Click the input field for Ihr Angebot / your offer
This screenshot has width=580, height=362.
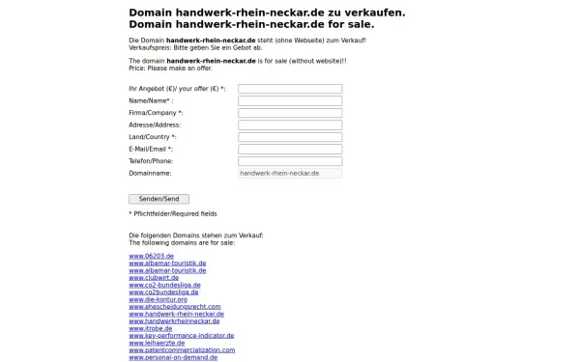tap(290, 89)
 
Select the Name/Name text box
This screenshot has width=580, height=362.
tap(290, 100)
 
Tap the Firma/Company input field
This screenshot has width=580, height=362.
tap(290, 113)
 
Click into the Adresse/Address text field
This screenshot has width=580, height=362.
tap(290, 125)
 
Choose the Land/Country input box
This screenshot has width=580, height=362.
tap(290, 137)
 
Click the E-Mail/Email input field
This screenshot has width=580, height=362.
tap(290, 149)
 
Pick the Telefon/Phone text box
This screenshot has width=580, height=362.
tap(290, 160)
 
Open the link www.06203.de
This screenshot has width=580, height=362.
tap(151, 257)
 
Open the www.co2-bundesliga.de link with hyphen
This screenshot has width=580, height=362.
tap(164, 285)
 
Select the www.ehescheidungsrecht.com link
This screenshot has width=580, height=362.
tap(175, 307)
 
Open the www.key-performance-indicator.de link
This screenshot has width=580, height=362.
tap(183, 336)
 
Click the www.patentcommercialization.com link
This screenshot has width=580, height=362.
tap(182, 349)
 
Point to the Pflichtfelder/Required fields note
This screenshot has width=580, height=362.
tap(173, 213)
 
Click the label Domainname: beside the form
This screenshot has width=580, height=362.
tap(150, 173)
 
